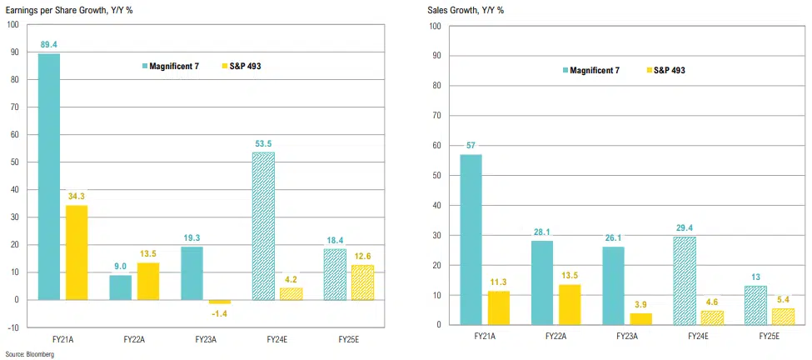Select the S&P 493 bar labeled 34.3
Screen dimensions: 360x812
click(x=77, y=252)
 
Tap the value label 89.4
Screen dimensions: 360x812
click(x=48, y=45)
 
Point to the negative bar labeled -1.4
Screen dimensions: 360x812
click(x=219, y=302)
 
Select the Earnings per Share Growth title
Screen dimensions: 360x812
click(x=65, y=10)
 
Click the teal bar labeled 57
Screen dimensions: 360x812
click(x=471, y=239)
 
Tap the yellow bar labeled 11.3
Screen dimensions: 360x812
click(x=499, y=307)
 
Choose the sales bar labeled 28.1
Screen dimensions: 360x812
click(x=542, y=282)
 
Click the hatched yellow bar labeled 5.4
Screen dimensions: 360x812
click(x=785, y=317)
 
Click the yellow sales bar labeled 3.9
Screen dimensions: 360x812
click(x=641, y=318)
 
